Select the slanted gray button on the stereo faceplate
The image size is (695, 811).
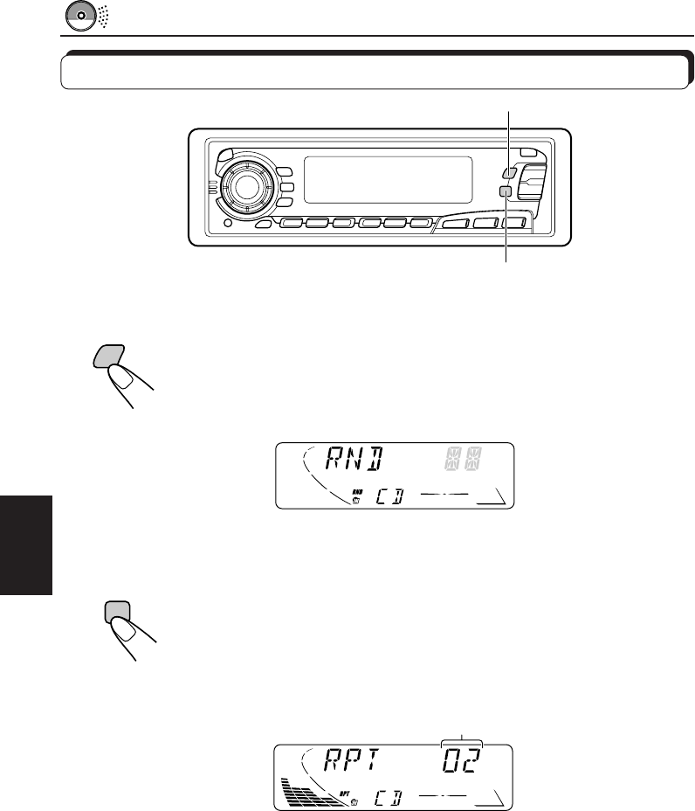pos(509,173)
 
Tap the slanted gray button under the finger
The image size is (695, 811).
pos(107,355)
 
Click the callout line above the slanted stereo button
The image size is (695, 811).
pos(508,136)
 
